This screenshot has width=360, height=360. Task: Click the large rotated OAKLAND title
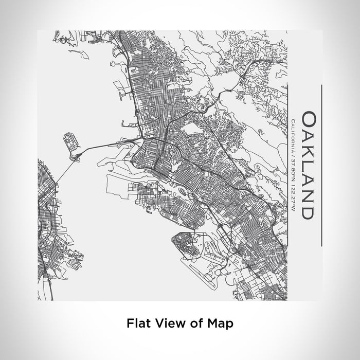click(x=307, y=165)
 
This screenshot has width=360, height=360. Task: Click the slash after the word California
click(x=293, y=153)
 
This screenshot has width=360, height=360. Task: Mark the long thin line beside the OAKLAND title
click(x=321, y=165)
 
